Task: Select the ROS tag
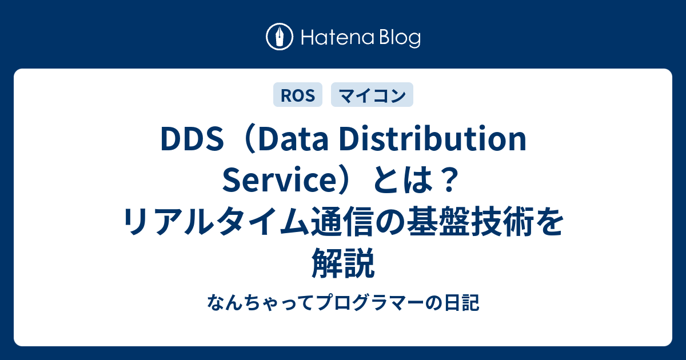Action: pos(298,95)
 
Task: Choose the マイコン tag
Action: pos(372,95)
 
